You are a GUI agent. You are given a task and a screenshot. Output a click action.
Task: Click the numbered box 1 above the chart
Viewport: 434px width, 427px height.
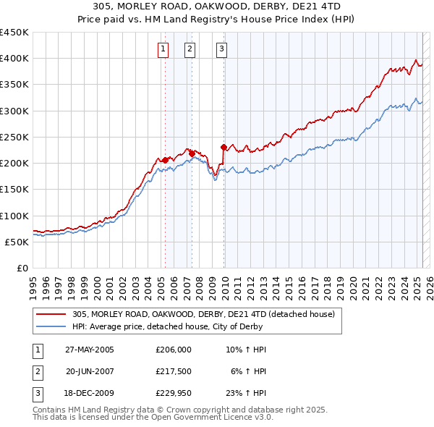[163, 49]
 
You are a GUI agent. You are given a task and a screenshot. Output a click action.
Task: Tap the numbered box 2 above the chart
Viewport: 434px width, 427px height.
[190, 49]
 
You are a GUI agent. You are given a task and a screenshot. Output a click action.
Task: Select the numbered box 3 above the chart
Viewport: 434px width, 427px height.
[221, 49]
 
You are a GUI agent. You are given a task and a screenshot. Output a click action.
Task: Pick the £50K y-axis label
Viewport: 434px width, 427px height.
[17, 242]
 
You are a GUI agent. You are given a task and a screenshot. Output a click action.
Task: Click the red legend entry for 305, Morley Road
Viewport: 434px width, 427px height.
[203, 315]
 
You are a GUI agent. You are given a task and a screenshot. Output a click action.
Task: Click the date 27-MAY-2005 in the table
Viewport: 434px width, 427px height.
[90, 350]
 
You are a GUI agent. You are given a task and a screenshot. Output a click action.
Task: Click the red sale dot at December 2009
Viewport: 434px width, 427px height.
[224, 148]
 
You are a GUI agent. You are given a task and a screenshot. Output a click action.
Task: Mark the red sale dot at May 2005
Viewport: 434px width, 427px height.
[165, 160]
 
